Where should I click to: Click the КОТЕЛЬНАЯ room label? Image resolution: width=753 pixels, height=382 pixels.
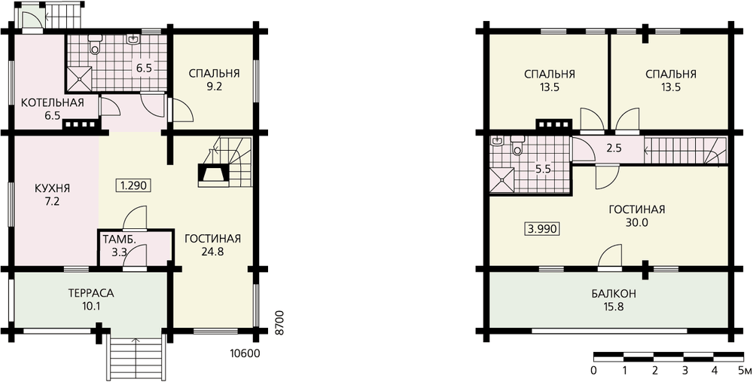[53, 102]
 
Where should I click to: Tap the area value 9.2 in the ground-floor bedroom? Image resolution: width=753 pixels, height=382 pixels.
[214, 87]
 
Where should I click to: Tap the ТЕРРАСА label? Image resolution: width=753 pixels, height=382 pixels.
[91, 293]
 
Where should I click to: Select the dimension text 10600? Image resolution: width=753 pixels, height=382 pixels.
[245, 354]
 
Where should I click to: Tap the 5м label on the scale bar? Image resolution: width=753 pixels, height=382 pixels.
[745, 371]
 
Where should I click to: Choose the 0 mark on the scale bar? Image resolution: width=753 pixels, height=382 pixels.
[595, 371]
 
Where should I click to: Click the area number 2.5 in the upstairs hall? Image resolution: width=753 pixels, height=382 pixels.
[614, 148]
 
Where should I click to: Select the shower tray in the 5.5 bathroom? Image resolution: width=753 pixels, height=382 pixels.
[501, 180]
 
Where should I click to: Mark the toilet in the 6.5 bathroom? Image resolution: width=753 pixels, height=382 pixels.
[95, 44]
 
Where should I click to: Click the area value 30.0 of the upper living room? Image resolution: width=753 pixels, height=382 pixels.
[637, 222]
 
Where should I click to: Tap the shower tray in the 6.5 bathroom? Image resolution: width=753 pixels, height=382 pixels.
[79, 78]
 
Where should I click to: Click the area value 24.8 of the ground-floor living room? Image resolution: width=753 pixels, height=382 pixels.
[212, 252]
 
